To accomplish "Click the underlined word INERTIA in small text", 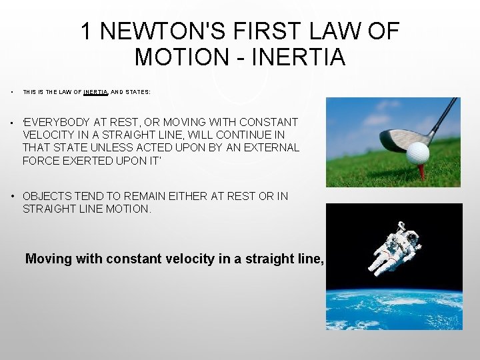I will (96, 92).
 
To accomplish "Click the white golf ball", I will (418, 153).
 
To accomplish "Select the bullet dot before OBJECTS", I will (13, 196).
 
